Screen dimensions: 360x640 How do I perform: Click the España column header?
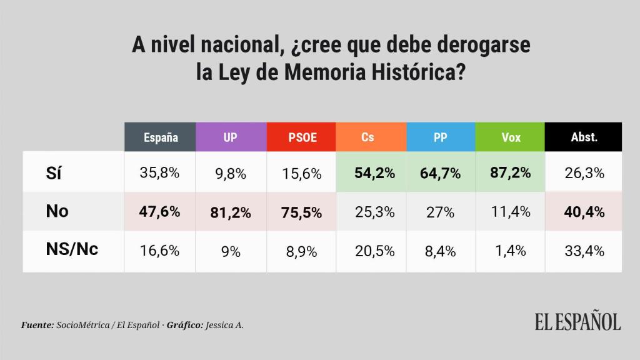click(160, 137)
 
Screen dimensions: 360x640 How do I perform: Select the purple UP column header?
click(231, 137)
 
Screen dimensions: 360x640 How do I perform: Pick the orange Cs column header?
click(371, 137)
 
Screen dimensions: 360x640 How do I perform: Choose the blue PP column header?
click(441, 137)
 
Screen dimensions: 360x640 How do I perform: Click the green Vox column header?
click(511, 137)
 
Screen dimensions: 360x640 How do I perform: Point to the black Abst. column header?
click(584, 137)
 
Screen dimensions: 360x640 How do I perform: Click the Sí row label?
click(55, 173)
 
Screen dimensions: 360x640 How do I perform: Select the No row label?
click(57, 211)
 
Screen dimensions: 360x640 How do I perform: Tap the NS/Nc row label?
click(72, 249)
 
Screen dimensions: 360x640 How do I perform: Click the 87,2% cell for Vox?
click(511, 173)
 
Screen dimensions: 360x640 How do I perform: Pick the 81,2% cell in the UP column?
click(231, 212)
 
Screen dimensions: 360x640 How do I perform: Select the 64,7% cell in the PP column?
click(441, 173)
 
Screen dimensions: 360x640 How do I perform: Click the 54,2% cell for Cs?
click(371, 173)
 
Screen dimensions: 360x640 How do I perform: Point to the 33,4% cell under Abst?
click(584, 251)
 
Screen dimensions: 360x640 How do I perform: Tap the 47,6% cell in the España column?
click(160, 212)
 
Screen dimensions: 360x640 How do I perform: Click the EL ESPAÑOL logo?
click(577, 322)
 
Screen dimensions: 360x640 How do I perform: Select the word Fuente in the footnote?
click(37, 325)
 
